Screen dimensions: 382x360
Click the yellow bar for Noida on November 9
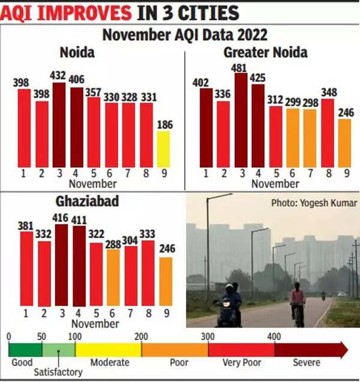163,149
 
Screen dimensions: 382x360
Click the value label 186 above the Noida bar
163,125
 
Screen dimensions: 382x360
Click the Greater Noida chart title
265,52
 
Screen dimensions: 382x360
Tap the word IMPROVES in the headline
89,13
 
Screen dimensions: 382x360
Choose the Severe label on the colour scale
307,362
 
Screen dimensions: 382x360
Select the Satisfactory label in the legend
58,372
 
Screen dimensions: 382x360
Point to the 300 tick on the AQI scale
208,337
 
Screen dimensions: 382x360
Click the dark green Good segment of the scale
25,349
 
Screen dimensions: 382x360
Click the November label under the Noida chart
93,184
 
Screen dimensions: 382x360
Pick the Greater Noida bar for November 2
223,134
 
